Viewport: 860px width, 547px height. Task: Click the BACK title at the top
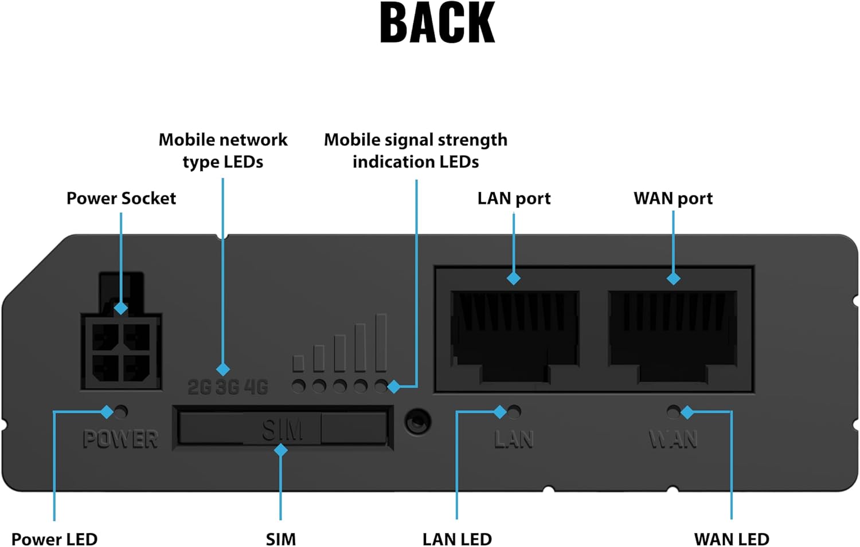coord(437,23)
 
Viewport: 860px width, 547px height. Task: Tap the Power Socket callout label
coord(121,198)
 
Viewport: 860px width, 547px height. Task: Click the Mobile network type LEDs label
coord(223,151)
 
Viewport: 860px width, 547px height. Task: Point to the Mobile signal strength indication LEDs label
coord(416,151)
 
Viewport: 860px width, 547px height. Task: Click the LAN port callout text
coord(514,198)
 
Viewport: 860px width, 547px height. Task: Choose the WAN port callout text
coord(673,198)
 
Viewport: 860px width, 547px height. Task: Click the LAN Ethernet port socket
coord(514,335)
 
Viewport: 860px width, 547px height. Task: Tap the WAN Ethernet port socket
coord(673,335)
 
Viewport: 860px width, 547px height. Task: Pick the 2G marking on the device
coord(200,388)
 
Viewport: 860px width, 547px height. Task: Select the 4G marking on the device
coord(256,388)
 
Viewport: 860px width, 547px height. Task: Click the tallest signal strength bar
coord(381,343)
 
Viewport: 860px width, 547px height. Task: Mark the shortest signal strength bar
coord(298,363)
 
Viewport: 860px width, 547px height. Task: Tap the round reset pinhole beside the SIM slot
coord(417,423)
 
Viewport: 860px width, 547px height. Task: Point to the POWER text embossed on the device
coord(120,439)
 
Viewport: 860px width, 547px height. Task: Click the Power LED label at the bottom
coord(54,539)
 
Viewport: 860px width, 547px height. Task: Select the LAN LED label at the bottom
coord(457,539)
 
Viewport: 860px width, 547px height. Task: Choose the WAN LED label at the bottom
coord(732,539)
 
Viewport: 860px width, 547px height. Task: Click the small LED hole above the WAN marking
coord(673,411)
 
